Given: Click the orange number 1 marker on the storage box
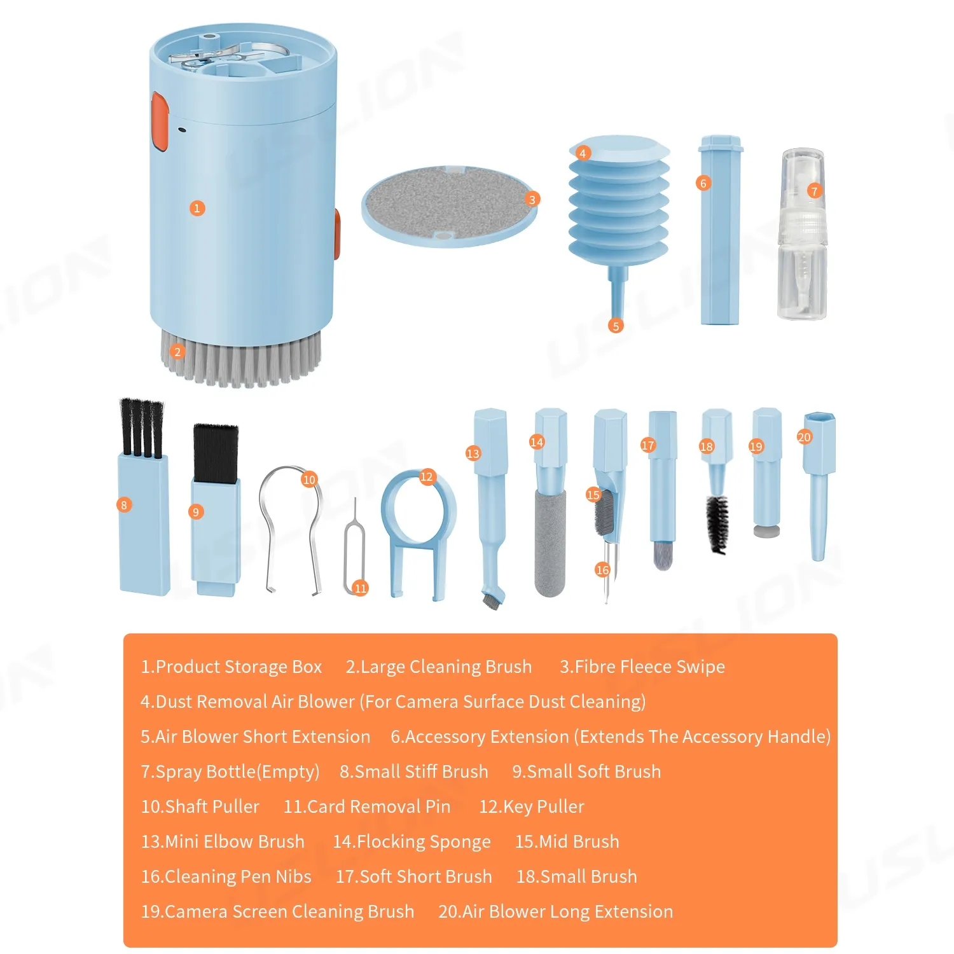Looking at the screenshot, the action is click(x=197, y=208).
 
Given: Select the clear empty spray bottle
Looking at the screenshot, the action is click(x=803, y=234).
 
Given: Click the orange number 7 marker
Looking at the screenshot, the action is click(x=814, y=191).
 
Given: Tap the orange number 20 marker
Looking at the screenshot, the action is click(x=805, y=437).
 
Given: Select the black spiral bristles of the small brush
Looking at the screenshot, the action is click(x=717, y=524).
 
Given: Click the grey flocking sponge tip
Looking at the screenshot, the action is click(x=550, y=543).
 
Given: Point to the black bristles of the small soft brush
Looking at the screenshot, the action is click(x=215, y=453).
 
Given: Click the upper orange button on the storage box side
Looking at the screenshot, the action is click(x=159, y=121).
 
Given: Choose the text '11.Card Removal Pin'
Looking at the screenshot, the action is click(x=367, y=806).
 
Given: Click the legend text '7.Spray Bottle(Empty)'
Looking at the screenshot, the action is click(x=230, y=772).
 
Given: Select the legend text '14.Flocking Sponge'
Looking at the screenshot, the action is click(x=412, y=842).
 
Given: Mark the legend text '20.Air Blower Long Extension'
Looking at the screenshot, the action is click(x=556, y=912).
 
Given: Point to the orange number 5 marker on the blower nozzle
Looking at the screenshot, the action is click(x=615, y=326).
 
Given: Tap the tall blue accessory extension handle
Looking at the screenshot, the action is click(x=720, y=230).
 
